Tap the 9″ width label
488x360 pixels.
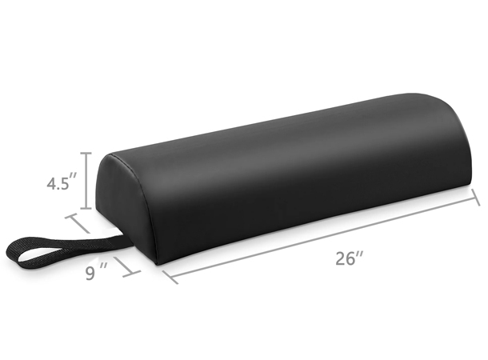[x=98, y=273]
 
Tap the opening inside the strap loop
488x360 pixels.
[x=32, y=253]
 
